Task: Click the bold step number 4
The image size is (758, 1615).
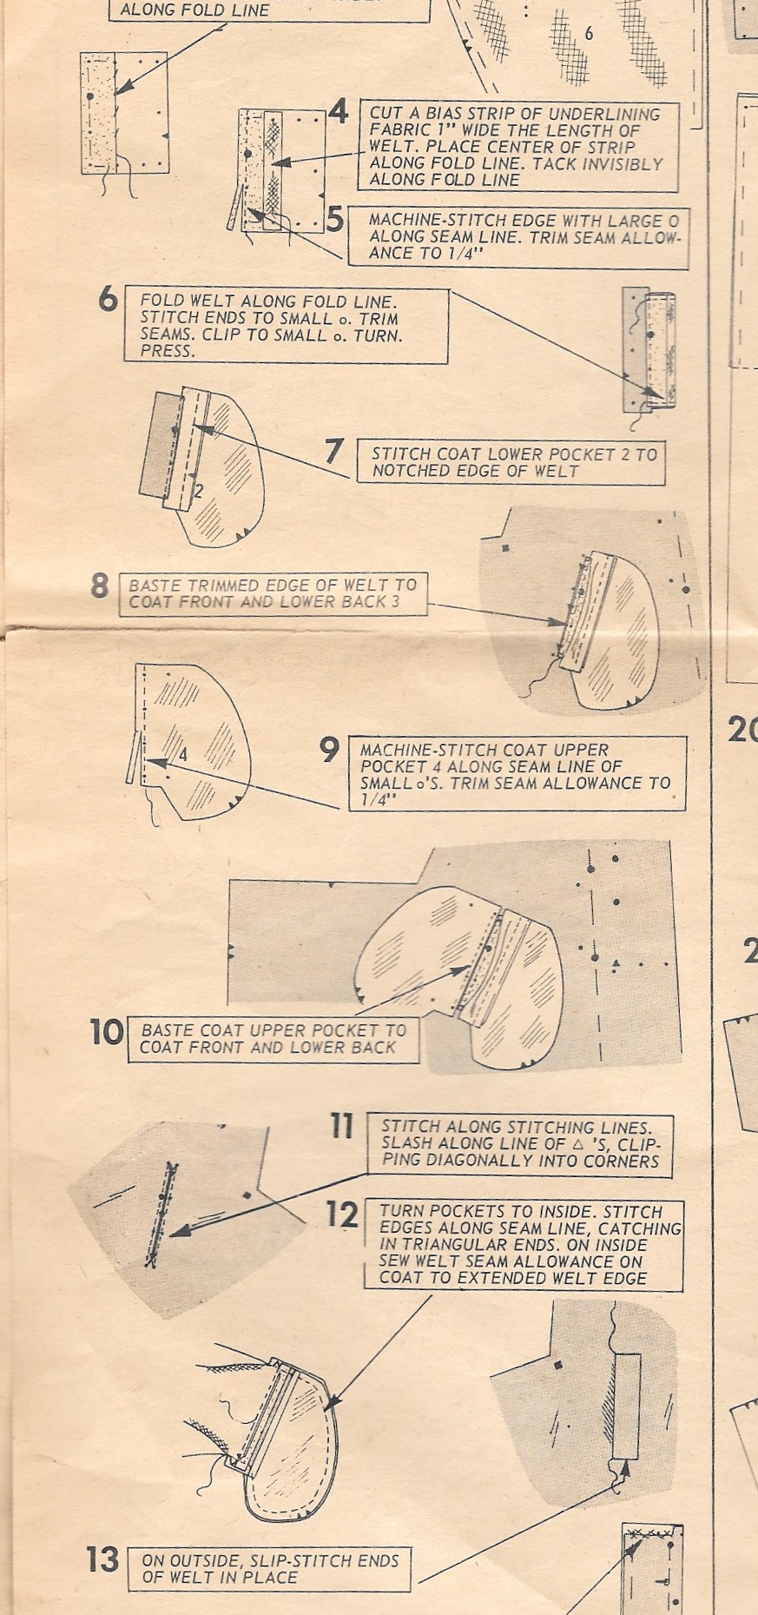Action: [x=338, y=111]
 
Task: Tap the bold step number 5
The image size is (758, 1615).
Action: [x=335, y=220]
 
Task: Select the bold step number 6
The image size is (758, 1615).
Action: [x=108, y=299]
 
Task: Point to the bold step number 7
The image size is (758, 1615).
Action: [x=334, y=451]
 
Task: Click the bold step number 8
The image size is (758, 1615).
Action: [x=100, y=586]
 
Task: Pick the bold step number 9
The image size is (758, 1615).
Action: [x=329, y=749]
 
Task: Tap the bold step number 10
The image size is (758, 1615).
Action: [x=107, y=1033]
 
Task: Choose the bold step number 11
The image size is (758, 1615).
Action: [x=342, y=1127]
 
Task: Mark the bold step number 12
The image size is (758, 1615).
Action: [x=342, y=1215]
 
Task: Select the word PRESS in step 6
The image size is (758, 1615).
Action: [x=166, y=352]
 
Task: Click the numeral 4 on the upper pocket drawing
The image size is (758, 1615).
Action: [x=182, y=756]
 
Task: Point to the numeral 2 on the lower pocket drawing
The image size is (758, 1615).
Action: [x=198, y=492]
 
